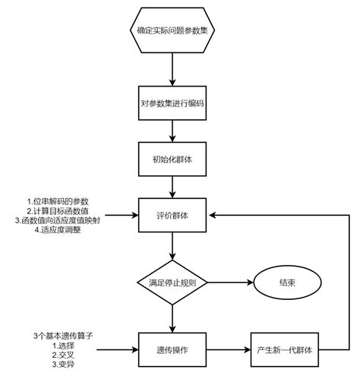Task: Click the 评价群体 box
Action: pyautogui.click(x=174, y=215)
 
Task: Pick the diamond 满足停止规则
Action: pyautogui.click(x=174, y=283)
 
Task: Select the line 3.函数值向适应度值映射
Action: pyautogui.click(x=57, y=220)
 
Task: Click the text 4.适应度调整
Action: pyautogui.click(x=57, y=230)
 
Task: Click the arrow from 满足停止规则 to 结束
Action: pyautogui.click(x=231, y=283)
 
